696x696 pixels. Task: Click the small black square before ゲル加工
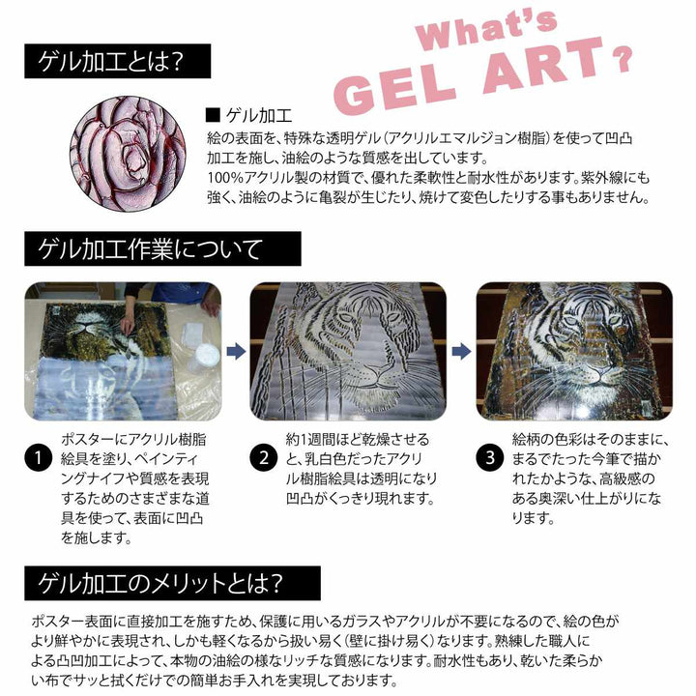point(212,113)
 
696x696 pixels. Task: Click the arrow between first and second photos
point(233,351)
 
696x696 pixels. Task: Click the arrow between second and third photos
point(461,351)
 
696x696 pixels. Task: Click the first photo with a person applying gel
point(123,350)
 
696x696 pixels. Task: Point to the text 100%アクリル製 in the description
point(252,179)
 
